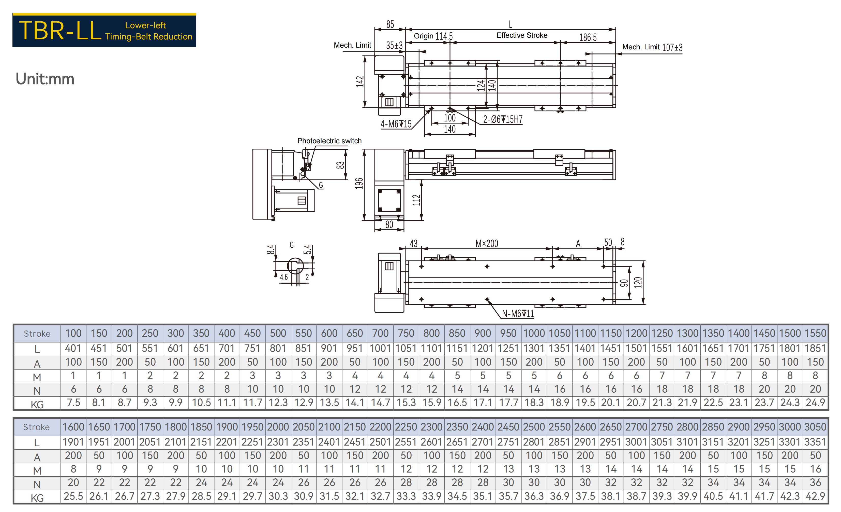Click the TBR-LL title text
(x=60, y=30)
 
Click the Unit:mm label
(x=45, y=79)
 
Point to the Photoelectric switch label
(x=329, y=141)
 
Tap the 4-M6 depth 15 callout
(x=396, y=124)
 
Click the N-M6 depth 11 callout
(x=518, y=313)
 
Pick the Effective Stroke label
(x=522, y=35)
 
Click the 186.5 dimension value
(x=588, y=37)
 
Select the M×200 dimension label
(x=487, y=243)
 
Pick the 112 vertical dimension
(x=416, y=200)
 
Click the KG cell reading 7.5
(x=73, y=403)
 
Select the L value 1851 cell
(x=815, y=348)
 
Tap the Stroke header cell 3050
(x=815, y=427)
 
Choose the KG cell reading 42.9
(x=815, y=496)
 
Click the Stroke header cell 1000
(x=534, y=333)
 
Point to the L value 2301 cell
(x=278, y=442)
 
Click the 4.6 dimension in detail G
(x=284, y=277)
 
